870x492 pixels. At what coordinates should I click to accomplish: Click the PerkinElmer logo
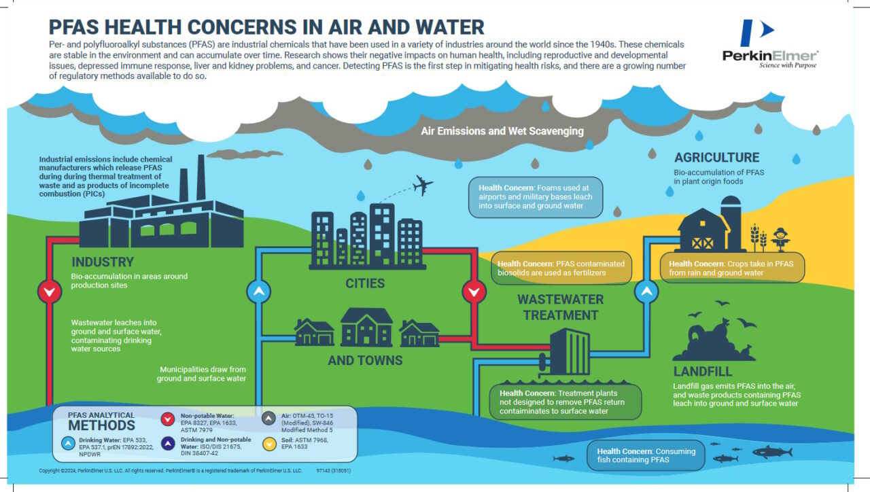coord(769,44)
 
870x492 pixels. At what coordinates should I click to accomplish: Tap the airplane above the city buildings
coord(422,185)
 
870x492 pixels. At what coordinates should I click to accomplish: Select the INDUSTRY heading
coord(103,262)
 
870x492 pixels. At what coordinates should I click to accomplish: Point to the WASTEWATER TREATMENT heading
coord(560,307)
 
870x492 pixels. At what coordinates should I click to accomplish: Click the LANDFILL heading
coord(703,372)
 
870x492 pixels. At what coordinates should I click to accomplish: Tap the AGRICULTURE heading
coord(716,158)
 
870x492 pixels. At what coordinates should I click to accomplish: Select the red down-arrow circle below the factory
coord(48,292)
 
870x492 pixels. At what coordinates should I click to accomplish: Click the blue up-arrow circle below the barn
coord(646,292)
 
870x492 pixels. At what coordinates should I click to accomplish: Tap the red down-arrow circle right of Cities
coord(474,292)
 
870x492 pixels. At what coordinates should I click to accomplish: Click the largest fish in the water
coord(771,451)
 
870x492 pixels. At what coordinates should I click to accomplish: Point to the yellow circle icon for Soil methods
coord(270,444)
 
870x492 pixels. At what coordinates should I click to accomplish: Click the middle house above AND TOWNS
coord(366,327)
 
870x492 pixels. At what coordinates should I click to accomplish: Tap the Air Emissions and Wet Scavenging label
coord(502,130)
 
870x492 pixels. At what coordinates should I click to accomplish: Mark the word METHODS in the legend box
coord(102,426)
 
